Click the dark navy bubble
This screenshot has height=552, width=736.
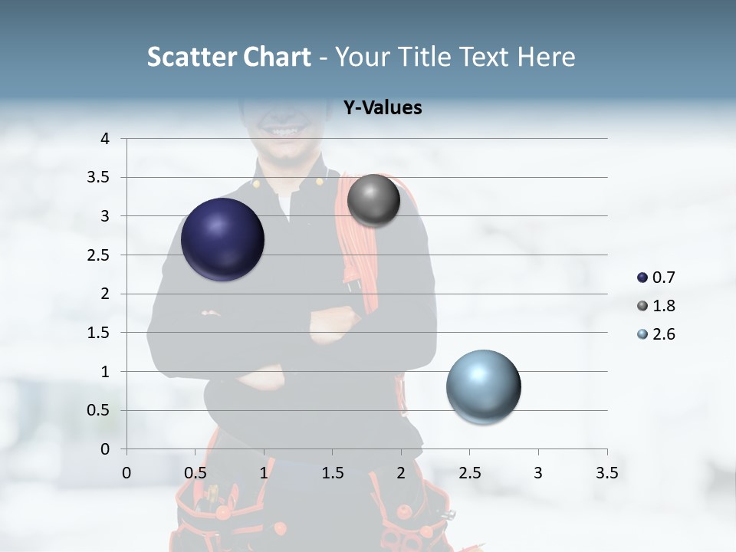(x=222, y=239)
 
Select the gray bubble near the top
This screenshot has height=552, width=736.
(x=373, y=200)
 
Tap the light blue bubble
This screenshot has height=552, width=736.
(x=483, y=386)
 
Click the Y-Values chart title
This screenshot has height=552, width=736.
(x=382, y=108)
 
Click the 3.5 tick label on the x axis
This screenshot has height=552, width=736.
(x=606, y=473)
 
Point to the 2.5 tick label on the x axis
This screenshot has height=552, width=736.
(x=469, y=473)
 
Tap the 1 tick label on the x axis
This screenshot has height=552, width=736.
(x=264, y=473)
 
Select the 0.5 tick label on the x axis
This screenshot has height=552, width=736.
(x=195, y=473)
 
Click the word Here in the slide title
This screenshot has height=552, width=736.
(x=546, y=57)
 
